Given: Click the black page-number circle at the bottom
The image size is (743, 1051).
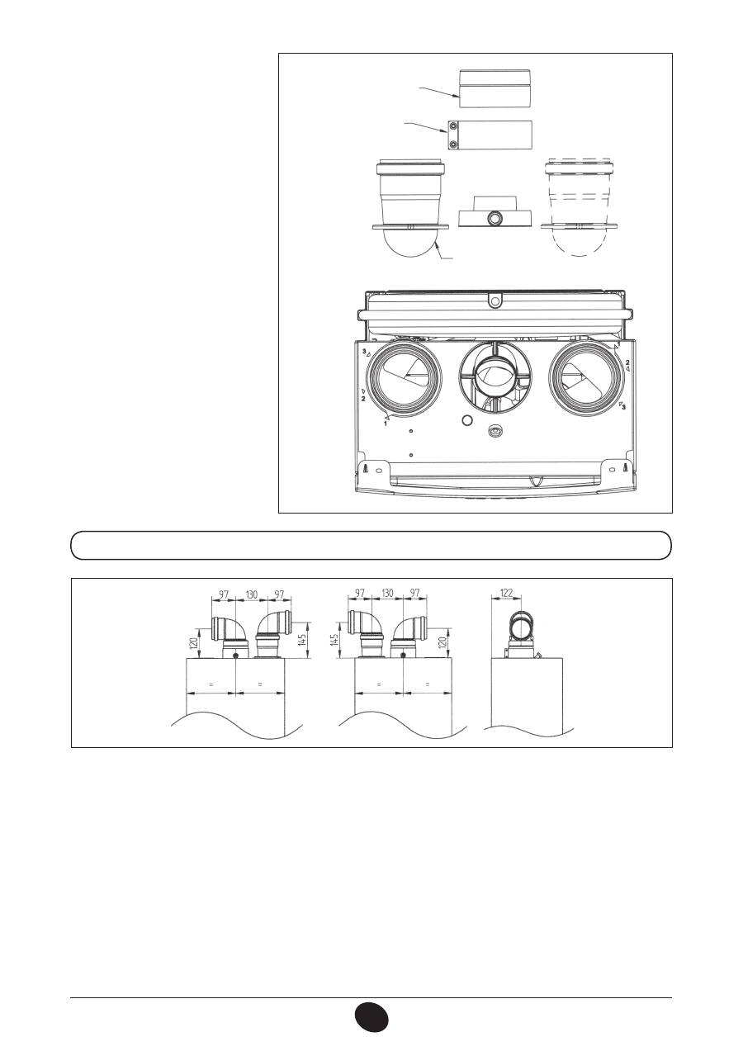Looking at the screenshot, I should click(x=371, y=1016).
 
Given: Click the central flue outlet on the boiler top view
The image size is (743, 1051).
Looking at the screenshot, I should click(x=495, y=381).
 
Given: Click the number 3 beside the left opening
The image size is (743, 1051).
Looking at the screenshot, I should click(x=365, y=351).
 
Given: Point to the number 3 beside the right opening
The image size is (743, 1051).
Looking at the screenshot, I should click(x=623, y=407).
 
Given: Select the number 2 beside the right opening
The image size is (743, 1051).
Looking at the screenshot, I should click(x=627, y=363).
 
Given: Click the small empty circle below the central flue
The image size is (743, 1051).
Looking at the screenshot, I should click(x=467, y=420).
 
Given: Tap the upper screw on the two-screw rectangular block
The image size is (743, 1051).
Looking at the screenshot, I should click(x=453, y=126).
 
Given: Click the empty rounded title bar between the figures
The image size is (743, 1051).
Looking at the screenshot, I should click(x=371, y=546).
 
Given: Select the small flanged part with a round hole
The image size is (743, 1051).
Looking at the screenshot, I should click(x=493, y=217).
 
